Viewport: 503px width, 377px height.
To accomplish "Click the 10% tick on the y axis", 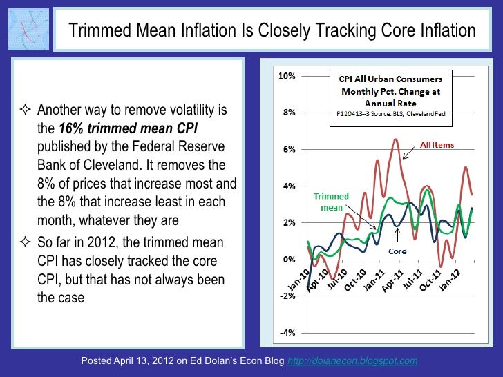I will click(x=287, y=75).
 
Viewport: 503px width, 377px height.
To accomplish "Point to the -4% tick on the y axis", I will click(x=287, y=332).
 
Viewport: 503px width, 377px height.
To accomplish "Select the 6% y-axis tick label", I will click(x=288, y=149).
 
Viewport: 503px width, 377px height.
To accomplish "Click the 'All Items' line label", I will click(x=438, y=145).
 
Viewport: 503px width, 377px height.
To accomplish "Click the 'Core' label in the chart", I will click(x=397, y=251).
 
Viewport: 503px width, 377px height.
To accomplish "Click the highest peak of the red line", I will click(x=395, y=139).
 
